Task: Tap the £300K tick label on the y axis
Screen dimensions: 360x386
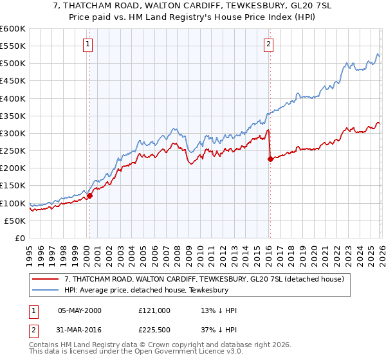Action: coord(13,134)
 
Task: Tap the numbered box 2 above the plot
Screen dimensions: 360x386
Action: coord(268,44)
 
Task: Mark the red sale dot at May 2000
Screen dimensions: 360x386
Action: coord(90,196)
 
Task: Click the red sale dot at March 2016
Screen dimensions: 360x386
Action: coord(270,159)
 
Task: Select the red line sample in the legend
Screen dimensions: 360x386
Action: coord(46,279)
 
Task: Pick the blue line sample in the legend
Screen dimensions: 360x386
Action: coord(46,289)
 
